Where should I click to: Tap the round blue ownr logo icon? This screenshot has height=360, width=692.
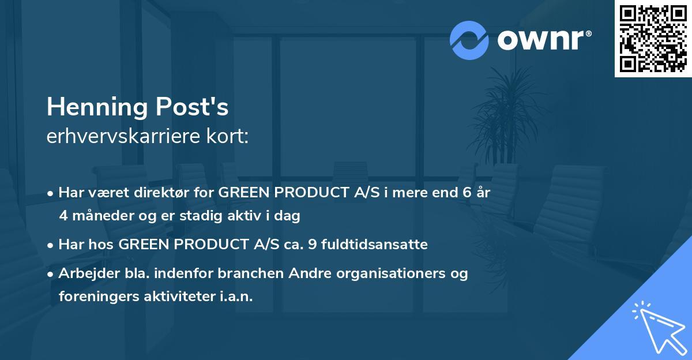[469, 40]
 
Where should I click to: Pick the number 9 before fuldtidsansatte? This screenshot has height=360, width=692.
[313, 245]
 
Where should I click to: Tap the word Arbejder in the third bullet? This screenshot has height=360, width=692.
[83, 273]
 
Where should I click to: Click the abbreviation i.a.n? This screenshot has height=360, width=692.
[235, 297]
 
